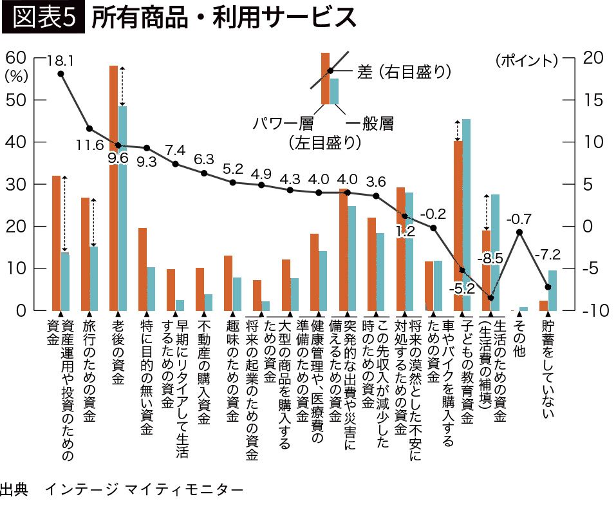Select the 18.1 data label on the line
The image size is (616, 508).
point(61,61)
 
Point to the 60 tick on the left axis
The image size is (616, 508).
point(15,57)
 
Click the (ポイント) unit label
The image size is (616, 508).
point(526,61)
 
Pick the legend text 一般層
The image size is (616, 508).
point(369,122)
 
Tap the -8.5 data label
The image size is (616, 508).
point(490,258)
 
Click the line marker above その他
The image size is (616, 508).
point(519,232)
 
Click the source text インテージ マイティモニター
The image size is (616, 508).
point(144,490)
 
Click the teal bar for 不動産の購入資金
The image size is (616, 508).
point(208,303)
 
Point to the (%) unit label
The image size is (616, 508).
point(15,75)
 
